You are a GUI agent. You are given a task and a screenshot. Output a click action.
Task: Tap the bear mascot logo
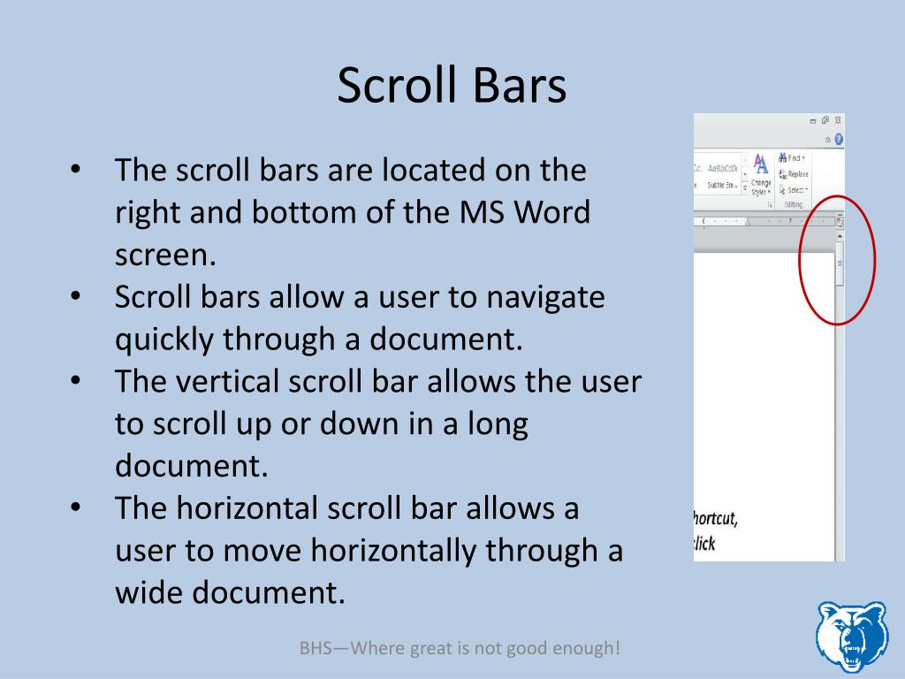850,637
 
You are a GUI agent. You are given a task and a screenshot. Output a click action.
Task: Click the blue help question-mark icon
838,139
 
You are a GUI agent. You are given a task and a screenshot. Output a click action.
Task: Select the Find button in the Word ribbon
791,157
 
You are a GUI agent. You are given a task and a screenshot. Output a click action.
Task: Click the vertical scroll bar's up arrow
840,236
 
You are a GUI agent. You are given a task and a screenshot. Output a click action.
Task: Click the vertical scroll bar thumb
840,263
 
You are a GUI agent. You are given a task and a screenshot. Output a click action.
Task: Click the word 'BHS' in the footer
314,648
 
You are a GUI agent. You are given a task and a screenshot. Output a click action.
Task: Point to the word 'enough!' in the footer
591,648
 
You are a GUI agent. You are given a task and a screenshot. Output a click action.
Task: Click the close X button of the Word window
838,120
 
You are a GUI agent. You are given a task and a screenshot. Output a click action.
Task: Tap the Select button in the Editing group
793,190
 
